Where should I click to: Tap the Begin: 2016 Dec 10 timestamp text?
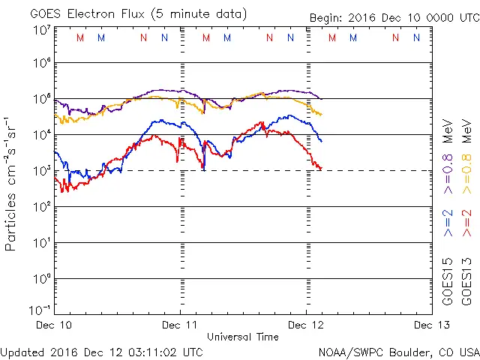pyautogui.click(x=394, y=19)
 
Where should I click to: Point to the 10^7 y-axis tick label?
pyautogui.click(x=40, y=30)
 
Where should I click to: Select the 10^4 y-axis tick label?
pyautogui.click(x=40, y=135)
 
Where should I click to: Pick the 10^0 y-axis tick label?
pyautogui.click(x=40, y=279)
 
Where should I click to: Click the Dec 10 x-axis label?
pyautogui.click(x=54, y=325)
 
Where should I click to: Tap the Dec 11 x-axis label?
pyautogui.click(x=180, y=325)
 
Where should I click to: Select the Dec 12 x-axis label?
pyautogui.click(x=306, y=325)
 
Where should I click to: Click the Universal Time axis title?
pyautogui.click(x=243, y=337)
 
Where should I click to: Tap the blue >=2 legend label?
pyautogui.click(x=448, y=223)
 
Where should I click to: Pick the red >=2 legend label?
pyautogui.click(x=466, y=223)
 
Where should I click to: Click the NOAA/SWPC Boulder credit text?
pyautogui.click(x=398, y=352)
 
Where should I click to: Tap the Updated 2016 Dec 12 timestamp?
pyautogui.click(x=102, y=351)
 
